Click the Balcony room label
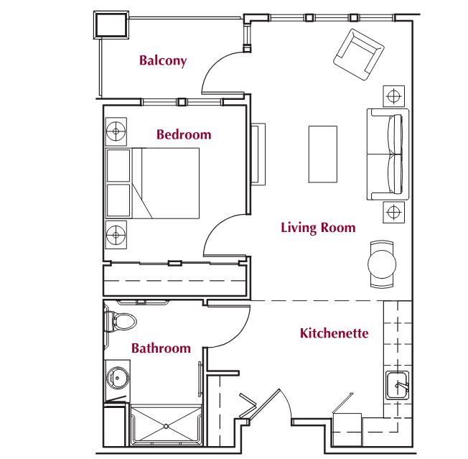pyautogui.click(x=163, y=60)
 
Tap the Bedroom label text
pyautogui.click(x=184, y=134)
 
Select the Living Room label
pyautogui.click(x=318, y=228)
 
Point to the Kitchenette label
pyautogui.click(x=334, y=333)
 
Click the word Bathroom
pyautogui.click(x=162, y=348)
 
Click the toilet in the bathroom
pyautogui.click(x=120, y=322)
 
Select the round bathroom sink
pyautogui.click(x=117, y=379)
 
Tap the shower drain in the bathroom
pyautogui.click(x=167, y=427)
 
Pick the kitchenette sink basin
pyautogui.click(x=397, y=385)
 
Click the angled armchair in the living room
pyautogui.click(x=358, y=55)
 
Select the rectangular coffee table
pyautogui.click(x=322, y=154)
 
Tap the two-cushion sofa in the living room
pyautogui.click(x=388, y=154)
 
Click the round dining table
pyautogui.click(x=382, y=264)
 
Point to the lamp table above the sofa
pyautogui.click(x=393, y=96)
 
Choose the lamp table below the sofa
pyautogui.click(x=393, y=213)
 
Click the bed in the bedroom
pyautogui.click(x=152, y=183)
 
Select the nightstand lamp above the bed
pyautogui.click(x=116, y=131)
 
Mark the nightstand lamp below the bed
pyautogui.click(x=116, y=235)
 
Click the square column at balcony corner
pyautogui.click(x=111, y=25)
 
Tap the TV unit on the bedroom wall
pyautogui.click(x=258, y=154)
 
